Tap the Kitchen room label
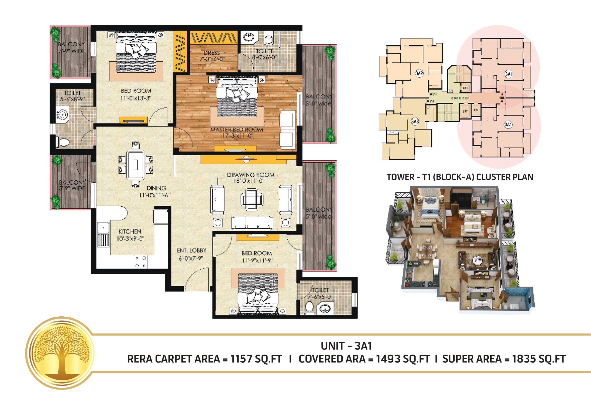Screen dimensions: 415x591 (130, 232)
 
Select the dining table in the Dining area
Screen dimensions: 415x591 (136, 164)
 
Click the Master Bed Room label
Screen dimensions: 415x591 (237, 130)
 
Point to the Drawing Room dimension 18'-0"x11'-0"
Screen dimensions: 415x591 (248, 181)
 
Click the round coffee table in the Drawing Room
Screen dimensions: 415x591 (252, 199)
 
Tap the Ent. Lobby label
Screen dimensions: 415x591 (192, 251)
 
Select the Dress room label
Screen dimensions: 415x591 (212, 53)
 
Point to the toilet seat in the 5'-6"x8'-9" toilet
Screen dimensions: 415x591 (64, 142)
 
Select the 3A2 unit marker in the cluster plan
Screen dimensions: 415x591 (419, 73)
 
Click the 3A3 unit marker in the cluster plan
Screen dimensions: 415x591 (415, 121)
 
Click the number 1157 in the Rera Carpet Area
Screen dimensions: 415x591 (241, 359)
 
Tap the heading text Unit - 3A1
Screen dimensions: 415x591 (346, 346)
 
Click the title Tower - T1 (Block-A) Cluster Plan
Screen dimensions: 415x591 (460, 177)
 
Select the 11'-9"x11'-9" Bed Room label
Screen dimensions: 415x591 (257, 253)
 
